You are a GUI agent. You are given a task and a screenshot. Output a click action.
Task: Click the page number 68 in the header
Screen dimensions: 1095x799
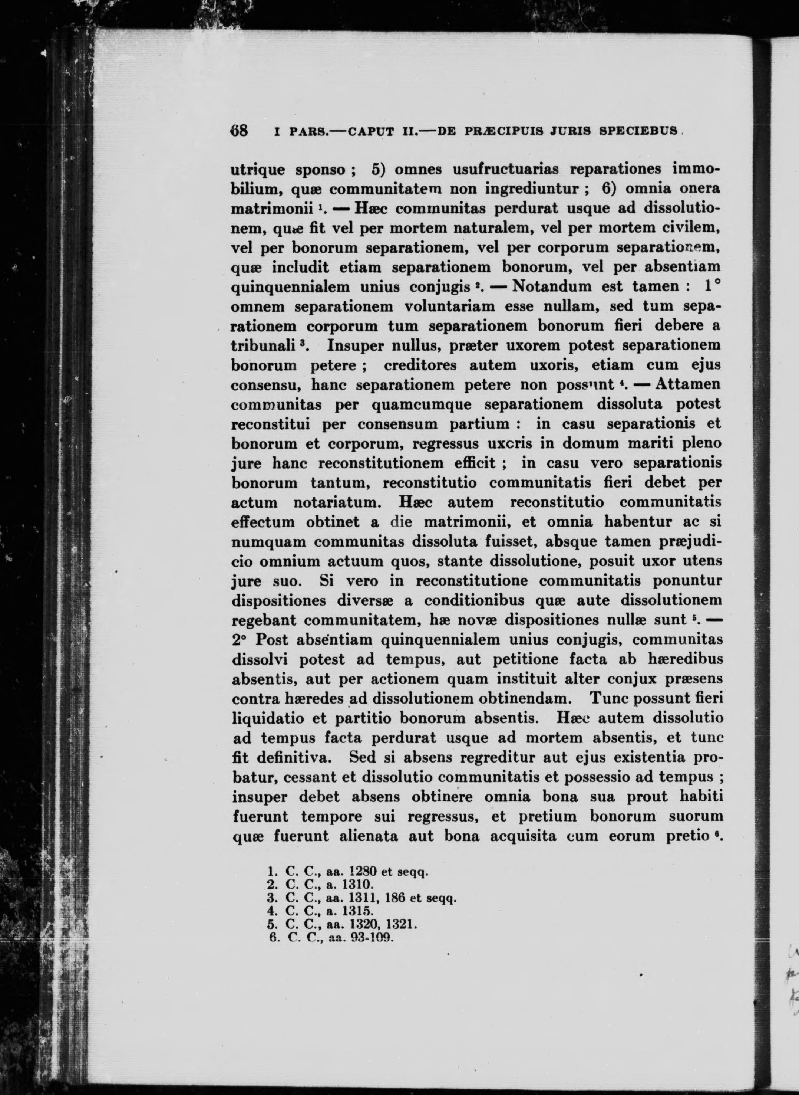coord(238,131)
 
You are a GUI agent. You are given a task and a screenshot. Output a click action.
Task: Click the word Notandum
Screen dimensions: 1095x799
coord(551,286)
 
